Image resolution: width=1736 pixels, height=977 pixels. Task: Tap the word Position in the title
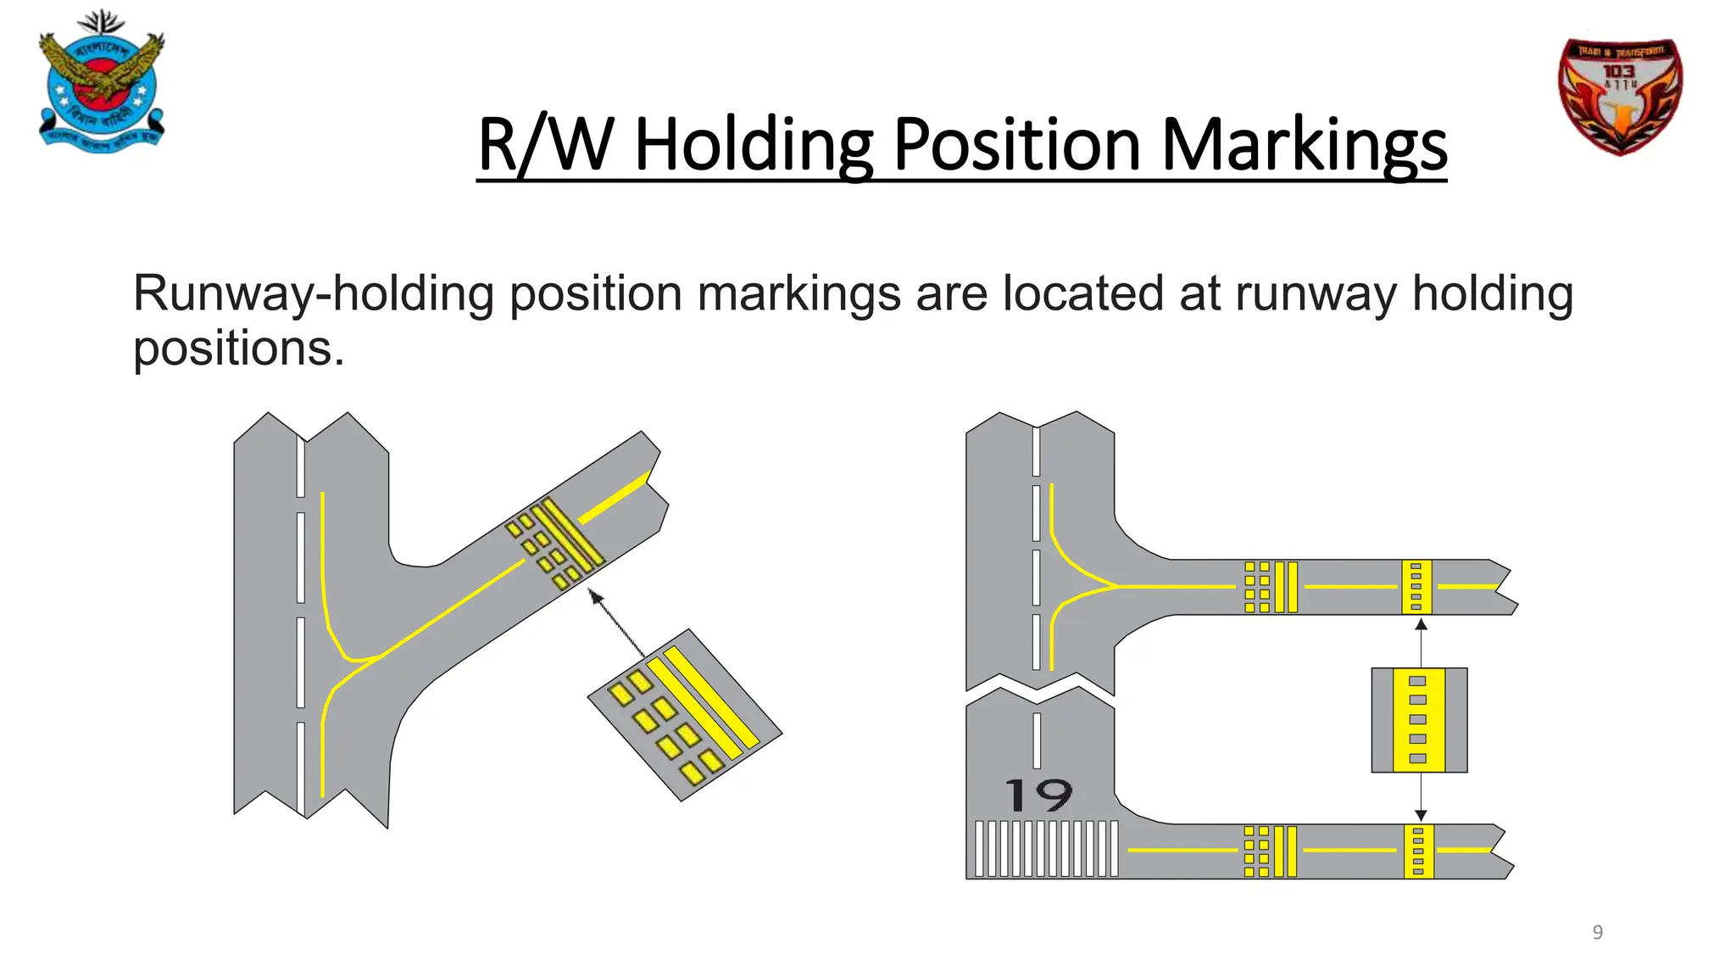tap(1017, 146)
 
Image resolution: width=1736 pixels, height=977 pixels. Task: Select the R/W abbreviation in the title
tap(545, 146)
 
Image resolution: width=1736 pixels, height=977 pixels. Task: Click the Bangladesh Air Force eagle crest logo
tap(102, 83)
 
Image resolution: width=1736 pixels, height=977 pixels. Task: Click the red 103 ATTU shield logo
tap(1620, 96)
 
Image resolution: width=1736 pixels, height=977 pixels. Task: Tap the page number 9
tap(1597, 932)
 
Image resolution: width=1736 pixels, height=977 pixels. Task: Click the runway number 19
tap(1039, 796)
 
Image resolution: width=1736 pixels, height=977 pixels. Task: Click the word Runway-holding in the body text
tap(313, 293)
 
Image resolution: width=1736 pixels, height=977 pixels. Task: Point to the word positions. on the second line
tap(238, 349)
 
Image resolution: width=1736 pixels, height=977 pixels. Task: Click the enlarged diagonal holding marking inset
tap(685, 715)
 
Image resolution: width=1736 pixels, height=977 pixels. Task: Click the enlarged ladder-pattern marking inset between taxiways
tap(1419, 720)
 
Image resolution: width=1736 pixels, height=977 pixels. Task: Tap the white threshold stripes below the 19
tap(1046, 848)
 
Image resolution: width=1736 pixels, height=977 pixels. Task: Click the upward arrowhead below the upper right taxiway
tap(1422, 624)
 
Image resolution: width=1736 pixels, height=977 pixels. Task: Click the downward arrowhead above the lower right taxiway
tap(1421, 816)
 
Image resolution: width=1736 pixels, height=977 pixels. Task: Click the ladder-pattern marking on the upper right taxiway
tap(1416, 586)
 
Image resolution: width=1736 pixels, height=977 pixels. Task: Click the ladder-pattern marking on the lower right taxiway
tap(1418, 851)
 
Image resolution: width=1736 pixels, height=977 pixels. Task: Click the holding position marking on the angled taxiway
tap(554, 544)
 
